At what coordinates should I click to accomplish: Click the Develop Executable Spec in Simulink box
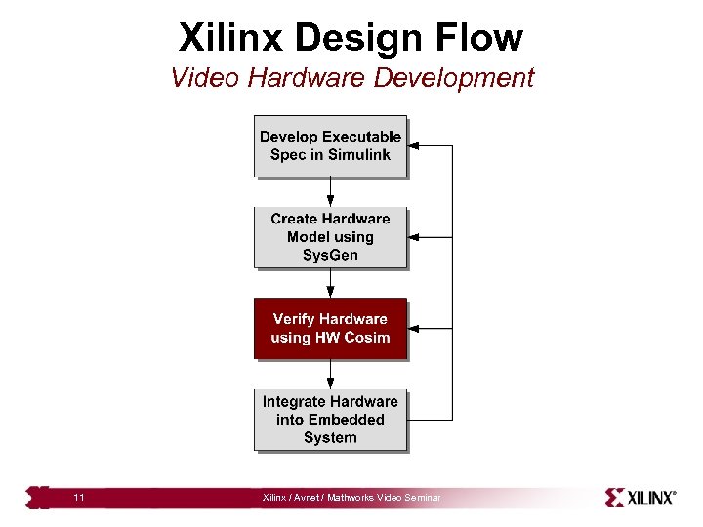click(330, 145)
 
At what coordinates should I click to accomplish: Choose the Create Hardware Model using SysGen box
click(330, 236)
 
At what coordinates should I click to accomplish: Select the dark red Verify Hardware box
click(330, 328)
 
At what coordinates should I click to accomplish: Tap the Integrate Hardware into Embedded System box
click(330, 420)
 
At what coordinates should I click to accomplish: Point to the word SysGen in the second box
click(330, 255)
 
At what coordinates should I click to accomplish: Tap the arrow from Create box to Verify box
click(330, 283)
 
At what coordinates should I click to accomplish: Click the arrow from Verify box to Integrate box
click(330, 374)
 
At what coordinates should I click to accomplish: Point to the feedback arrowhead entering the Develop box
click(413, 146)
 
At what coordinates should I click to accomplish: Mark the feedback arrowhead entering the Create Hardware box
click(413, 237)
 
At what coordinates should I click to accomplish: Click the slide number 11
click(79, 499)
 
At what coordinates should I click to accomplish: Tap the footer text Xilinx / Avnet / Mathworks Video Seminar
click(351, 499)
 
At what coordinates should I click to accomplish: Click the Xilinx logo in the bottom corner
click(641, 498)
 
